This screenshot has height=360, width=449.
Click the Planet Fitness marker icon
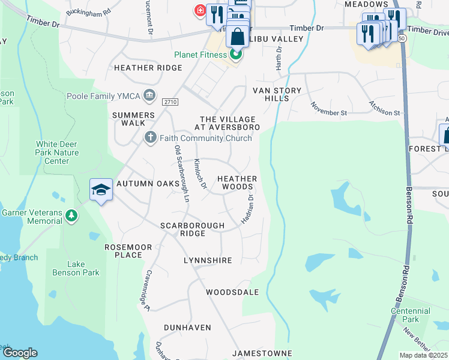236,55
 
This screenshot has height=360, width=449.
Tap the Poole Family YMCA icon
149,95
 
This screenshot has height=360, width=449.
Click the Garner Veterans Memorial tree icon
71,215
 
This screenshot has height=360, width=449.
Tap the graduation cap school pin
101,190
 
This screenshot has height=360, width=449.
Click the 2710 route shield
169,103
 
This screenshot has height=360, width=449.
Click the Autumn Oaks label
148,183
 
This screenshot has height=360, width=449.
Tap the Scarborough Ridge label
192,229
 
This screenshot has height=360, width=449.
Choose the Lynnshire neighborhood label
208,260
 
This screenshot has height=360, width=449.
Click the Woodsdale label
232,292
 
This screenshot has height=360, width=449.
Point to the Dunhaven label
188,328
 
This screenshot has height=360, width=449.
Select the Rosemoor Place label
124,251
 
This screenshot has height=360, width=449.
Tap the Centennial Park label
411,315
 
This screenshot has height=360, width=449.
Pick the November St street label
328,109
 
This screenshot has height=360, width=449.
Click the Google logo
20,353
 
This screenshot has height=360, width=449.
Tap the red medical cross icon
199,10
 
